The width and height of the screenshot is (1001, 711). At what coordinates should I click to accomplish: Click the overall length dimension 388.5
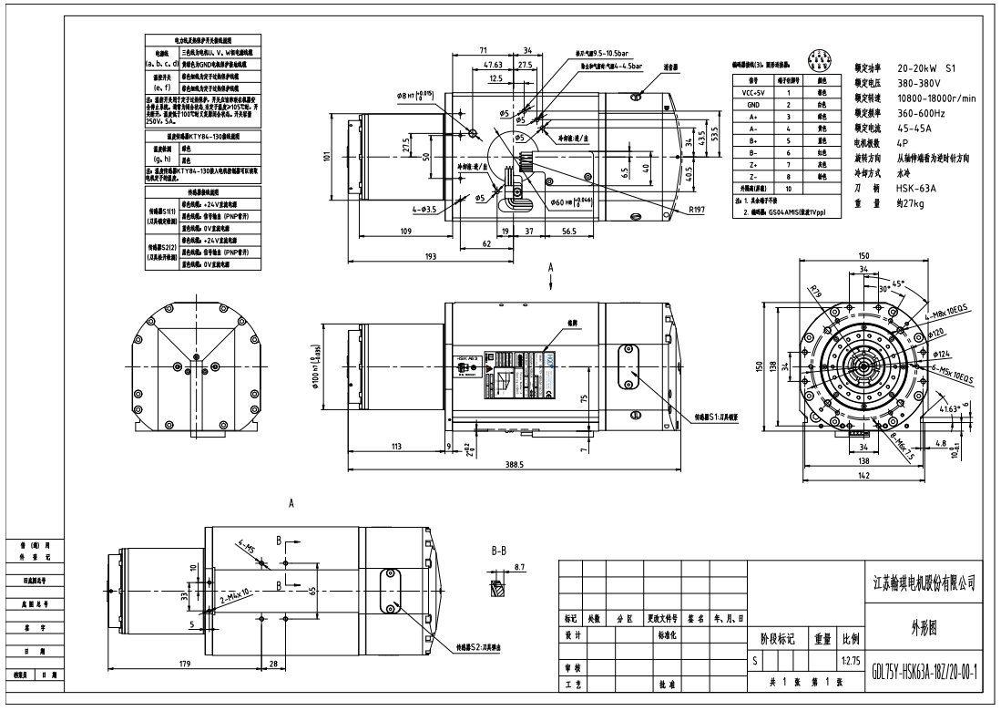pyautogui.click(x=514, y=465)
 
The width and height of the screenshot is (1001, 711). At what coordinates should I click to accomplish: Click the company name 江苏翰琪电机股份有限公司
pyautogui.click(x=923, y=584)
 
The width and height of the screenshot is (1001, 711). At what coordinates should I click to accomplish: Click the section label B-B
pyautogui.click(x=498, y=551)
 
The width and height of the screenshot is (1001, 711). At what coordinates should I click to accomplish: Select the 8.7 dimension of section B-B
pyautogui.click(x=519, y=567)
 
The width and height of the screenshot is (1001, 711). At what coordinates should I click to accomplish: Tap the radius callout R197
pyautogui.click(x=699, y=211)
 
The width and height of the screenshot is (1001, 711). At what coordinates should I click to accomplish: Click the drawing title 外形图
pyautogui.click(x=923, y=627)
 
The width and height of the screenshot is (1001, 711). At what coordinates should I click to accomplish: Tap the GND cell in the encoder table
pyautogui.click(x=753, y=105)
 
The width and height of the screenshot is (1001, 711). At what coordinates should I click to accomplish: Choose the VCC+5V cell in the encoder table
pyautogui.click(x=753, y=92)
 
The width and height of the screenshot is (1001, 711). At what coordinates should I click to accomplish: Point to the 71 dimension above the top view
pyautogui.click(x=484, y=52)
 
